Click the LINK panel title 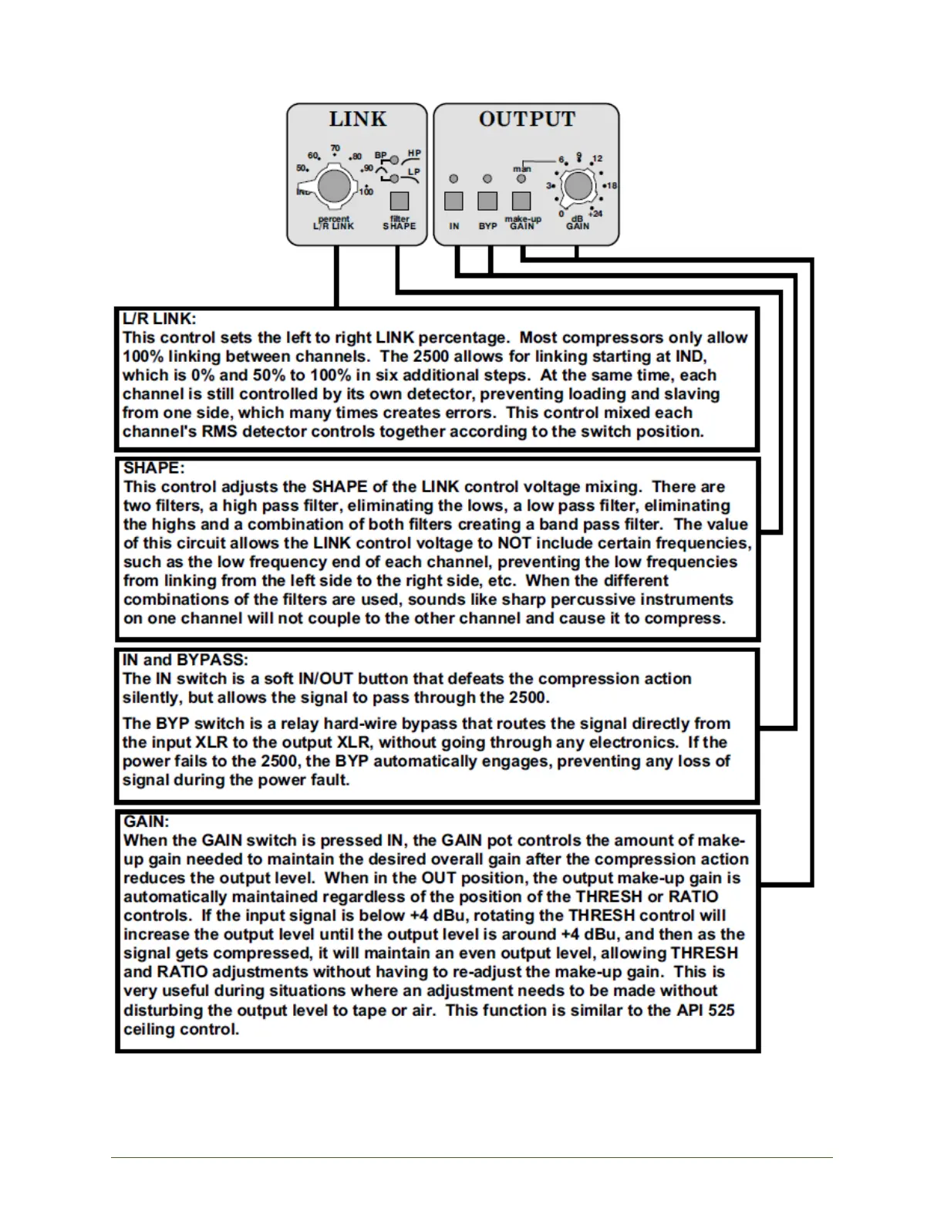tap(357, 119)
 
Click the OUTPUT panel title tap(527, 119)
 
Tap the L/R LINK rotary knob tap(333, 186)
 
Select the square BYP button tap(487, 201)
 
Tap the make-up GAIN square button tap(521, 201)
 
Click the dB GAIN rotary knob tap(578, 186)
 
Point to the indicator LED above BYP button tap(487, 179)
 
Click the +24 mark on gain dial tap(595, 214)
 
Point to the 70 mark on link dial tap(335, 149)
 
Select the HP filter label tap(414, 154)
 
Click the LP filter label tap(414, 172)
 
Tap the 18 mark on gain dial tap(611, 186)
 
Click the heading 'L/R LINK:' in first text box tap(160, 319)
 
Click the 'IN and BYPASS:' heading tap(185, 660)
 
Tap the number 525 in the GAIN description tap(720, 1011)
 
